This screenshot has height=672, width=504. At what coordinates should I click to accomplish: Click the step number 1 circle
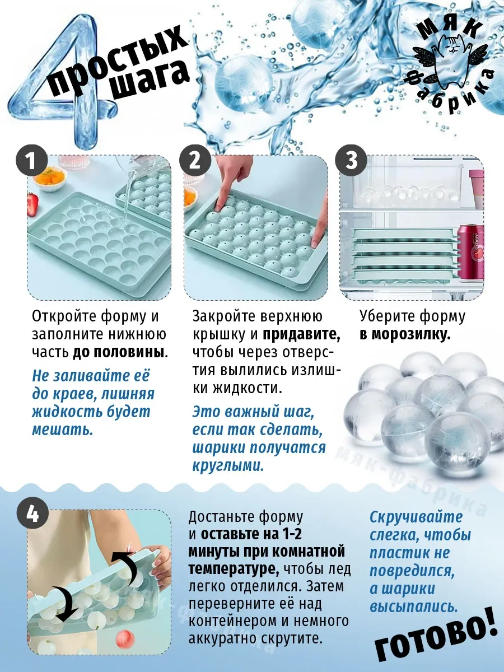click(31, 161)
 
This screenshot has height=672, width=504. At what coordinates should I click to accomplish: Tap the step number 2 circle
click(195, 161)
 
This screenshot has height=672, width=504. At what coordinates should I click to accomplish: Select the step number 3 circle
click(351, 161)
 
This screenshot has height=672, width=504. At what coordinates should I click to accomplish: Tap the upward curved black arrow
click(126, 566)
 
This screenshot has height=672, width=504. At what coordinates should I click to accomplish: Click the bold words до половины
click(118, 353)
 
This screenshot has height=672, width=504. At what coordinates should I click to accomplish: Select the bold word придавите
click(301, 334)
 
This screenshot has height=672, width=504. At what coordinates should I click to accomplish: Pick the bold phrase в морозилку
click(405, 335)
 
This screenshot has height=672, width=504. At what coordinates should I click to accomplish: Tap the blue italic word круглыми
click(228, 466)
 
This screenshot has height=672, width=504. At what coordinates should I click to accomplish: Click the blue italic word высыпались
click(414, 607)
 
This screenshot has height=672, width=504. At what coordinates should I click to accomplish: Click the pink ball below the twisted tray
click(125, 638)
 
